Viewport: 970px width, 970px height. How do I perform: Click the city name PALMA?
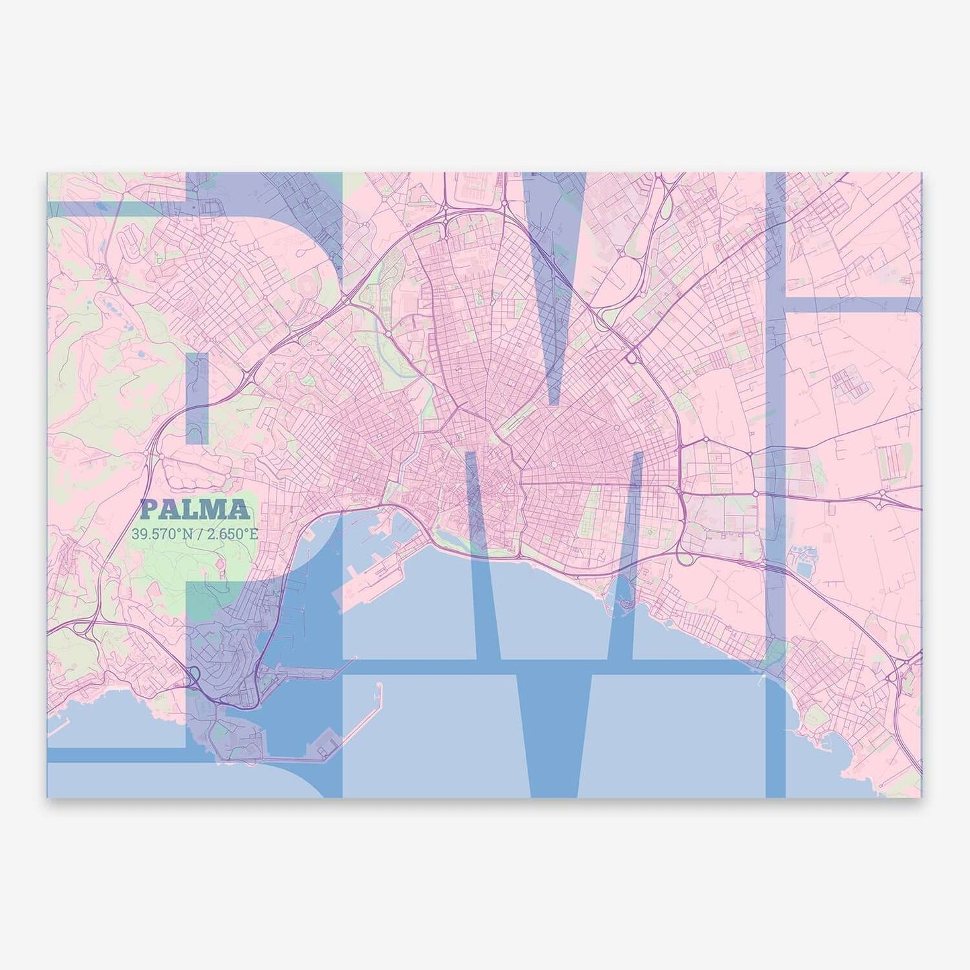point(195,511)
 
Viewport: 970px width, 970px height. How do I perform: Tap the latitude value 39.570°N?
point(159,535)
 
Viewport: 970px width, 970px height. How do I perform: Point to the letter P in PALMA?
point(150,511)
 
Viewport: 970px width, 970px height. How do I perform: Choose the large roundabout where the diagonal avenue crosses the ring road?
point(632,358)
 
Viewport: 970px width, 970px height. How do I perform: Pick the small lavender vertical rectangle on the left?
point(197,399)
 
